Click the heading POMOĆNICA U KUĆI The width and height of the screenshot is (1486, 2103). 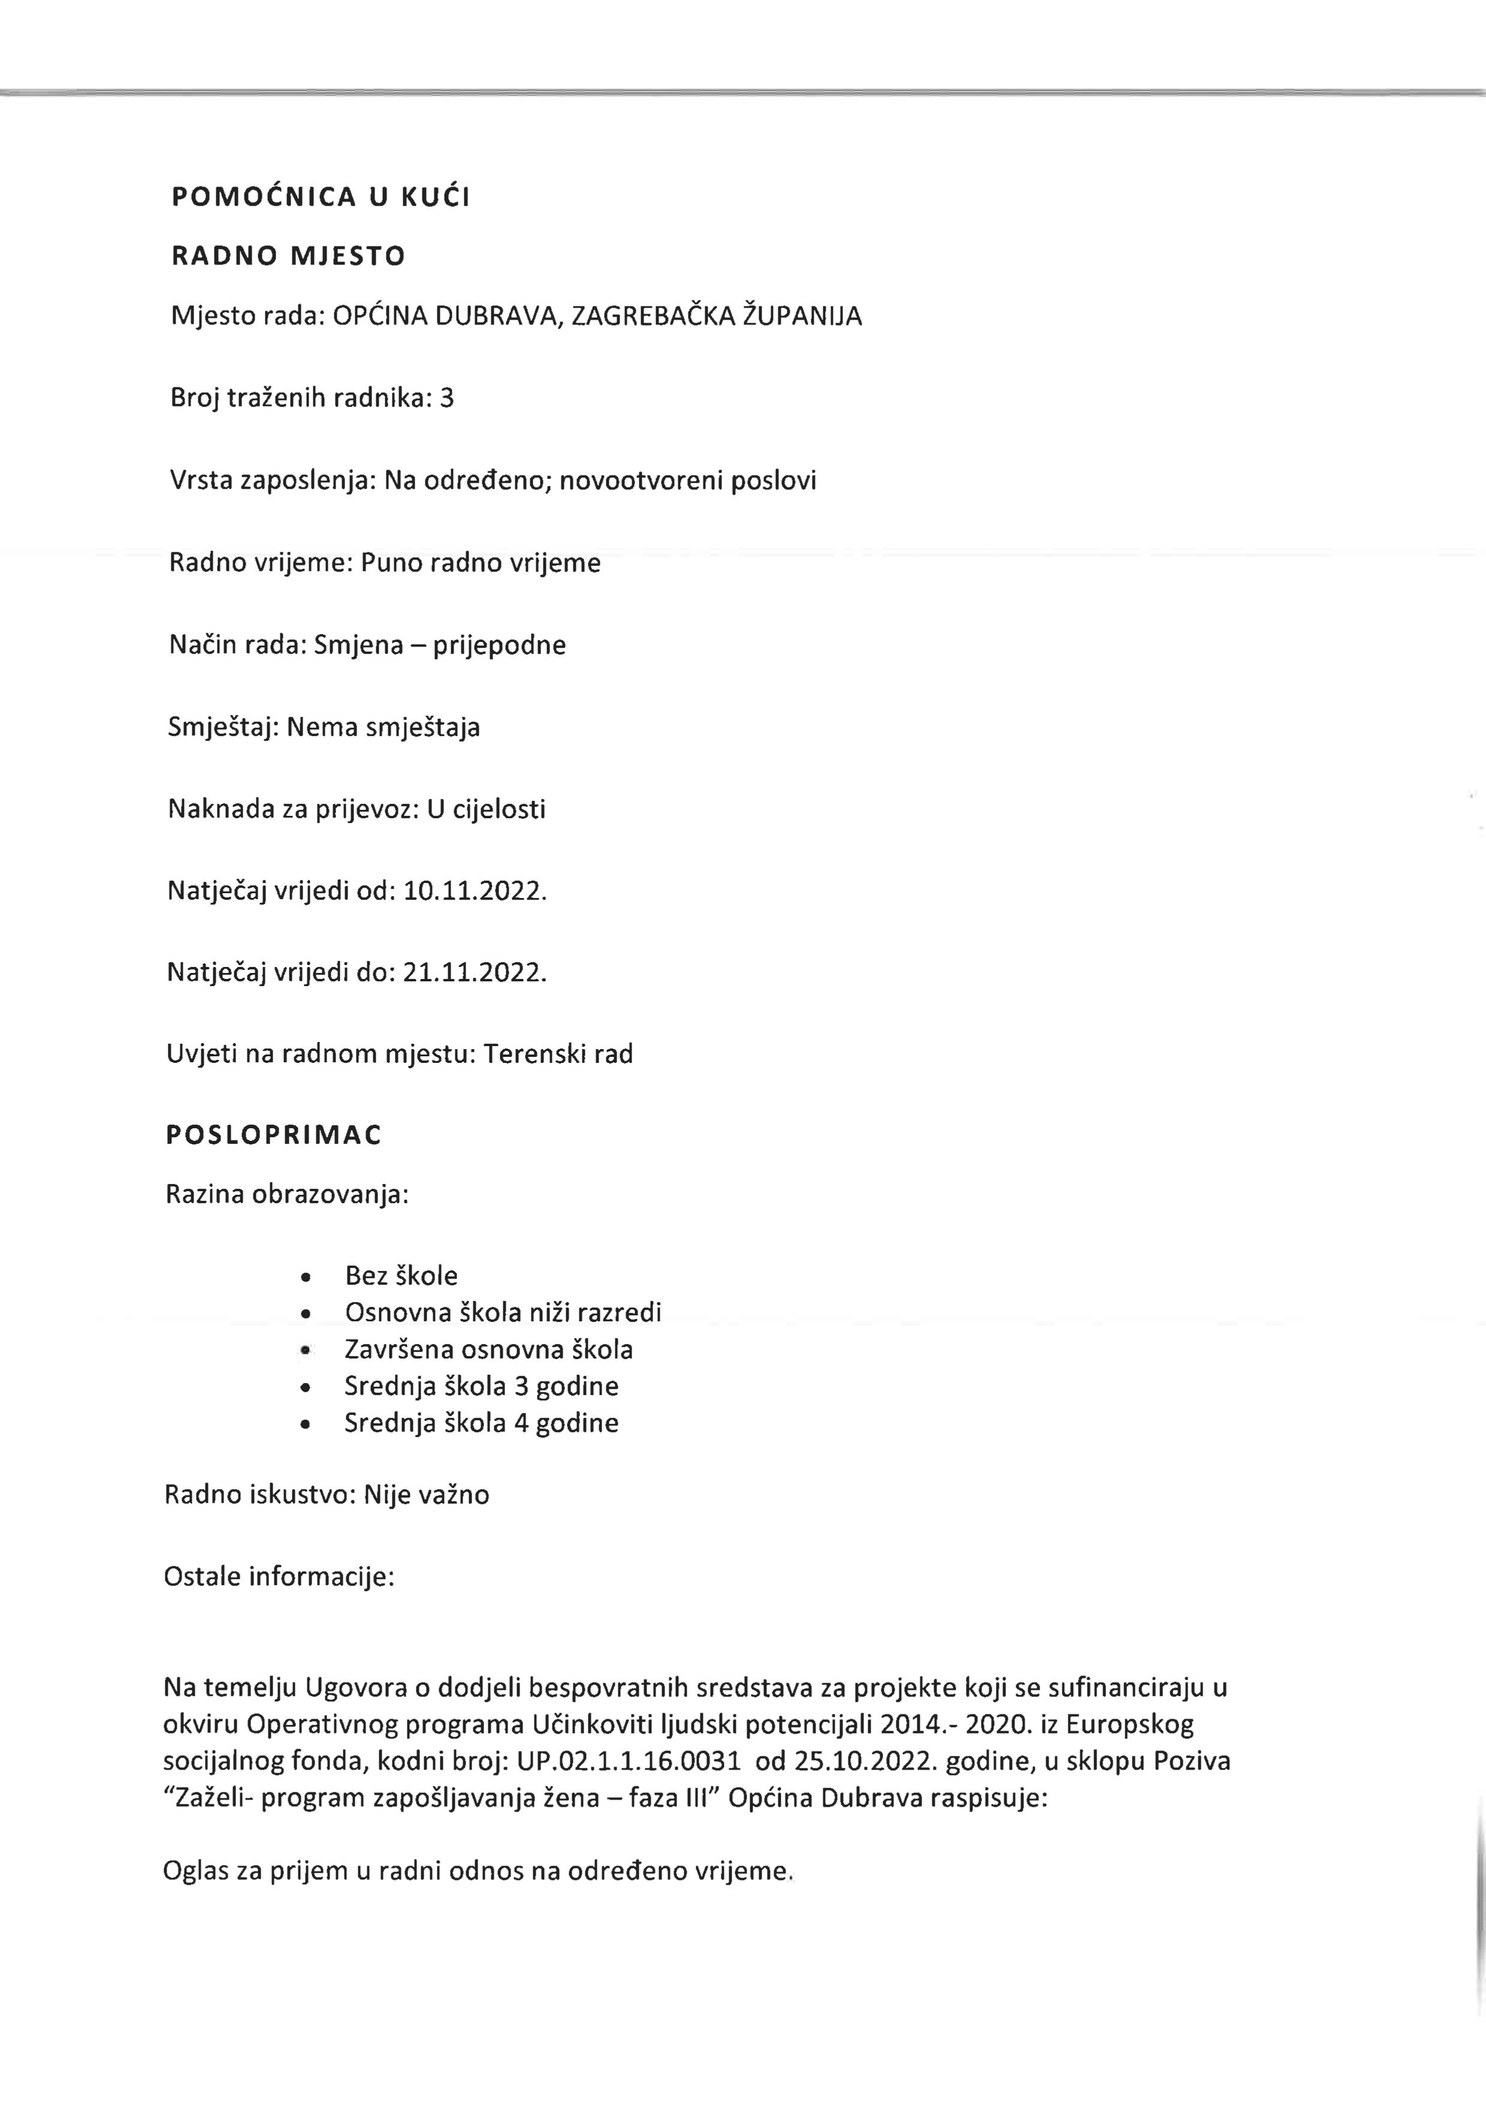pos(321,197)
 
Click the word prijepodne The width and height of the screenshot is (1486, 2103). pos(499,645)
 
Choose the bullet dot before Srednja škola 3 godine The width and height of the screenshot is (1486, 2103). pos(306,1387)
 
